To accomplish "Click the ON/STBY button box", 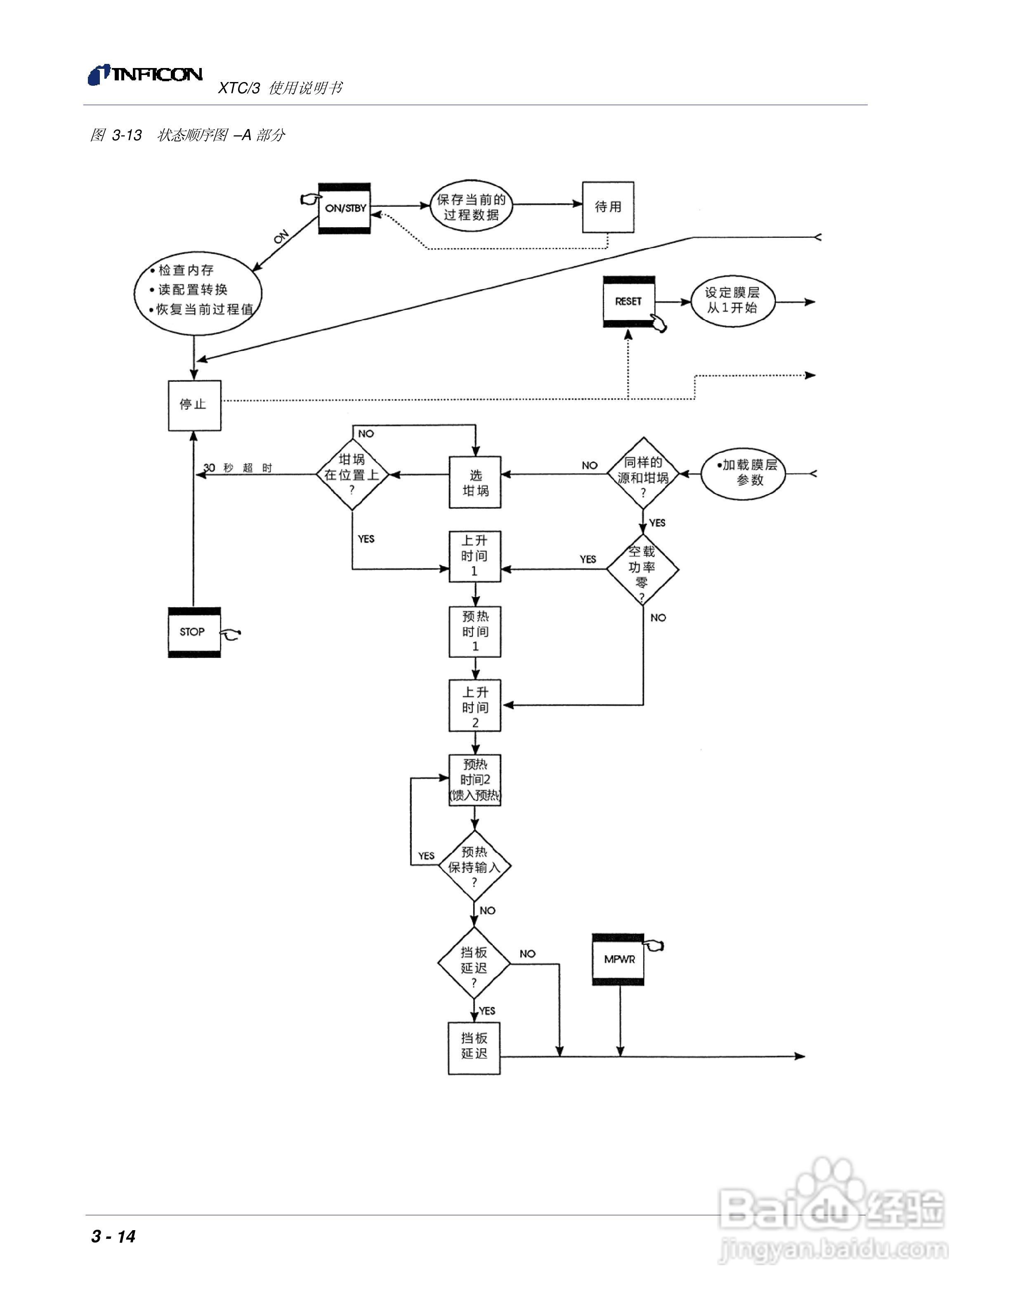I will point(344,208).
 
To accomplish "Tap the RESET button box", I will point(629,301).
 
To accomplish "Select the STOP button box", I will point(194,632).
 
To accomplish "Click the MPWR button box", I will point(618,959).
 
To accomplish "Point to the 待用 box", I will point(608,207).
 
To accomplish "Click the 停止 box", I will point(194,405).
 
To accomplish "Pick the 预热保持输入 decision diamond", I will point(474,866).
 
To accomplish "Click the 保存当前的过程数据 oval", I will point(472,207).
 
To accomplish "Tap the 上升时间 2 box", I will point(475,706).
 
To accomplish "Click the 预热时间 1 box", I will point(475,632).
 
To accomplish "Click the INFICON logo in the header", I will point(145,75).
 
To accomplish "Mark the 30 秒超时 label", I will point(238,467).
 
